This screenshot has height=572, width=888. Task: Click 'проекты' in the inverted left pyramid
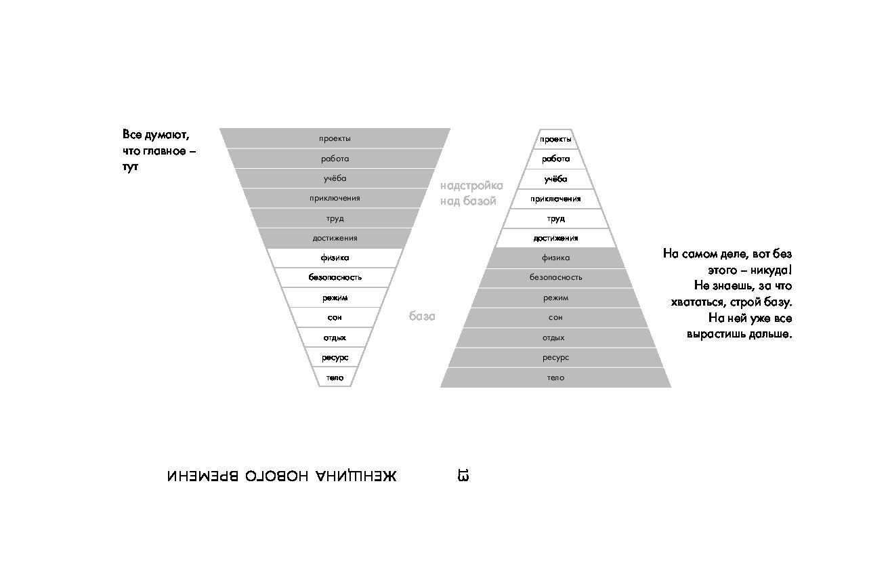click(335, 139)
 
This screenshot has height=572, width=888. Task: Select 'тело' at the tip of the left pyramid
click(335, 377)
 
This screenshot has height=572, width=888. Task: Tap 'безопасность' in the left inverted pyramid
click(335, 277)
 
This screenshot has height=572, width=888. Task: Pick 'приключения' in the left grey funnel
click(335, 199)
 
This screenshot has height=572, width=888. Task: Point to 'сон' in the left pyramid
click(335, 317)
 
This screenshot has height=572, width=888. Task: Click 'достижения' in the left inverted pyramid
click(335, 238)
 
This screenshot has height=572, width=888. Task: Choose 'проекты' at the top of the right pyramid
click(555, 139)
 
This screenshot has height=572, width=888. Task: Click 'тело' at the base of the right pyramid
click(555, 377)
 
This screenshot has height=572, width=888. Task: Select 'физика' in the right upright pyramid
click(555, 258)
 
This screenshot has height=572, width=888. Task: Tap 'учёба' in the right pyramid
click(555, 180)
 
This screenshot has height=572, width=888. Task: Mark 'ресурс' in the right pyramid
click(555, 358)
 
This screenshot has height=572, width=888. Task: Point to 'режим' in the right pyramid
click(555, 298)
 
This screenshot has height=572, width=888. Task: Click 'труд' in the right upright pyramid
click(555, 219)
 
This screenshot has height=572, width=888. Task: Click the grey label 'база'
click(422, 316)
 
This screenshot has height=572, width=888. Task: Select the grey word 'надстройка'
click(471, 186)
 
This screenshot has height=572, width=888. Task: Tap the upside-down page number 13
click(463, 475)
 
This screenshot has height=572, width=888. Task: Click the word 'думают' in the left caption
click(167, 136)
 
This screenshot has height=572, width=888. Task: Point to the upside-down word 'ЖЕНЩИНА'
click(356, 476)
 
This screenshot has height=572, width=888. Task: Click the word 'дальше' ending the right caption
click(770, 334)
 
